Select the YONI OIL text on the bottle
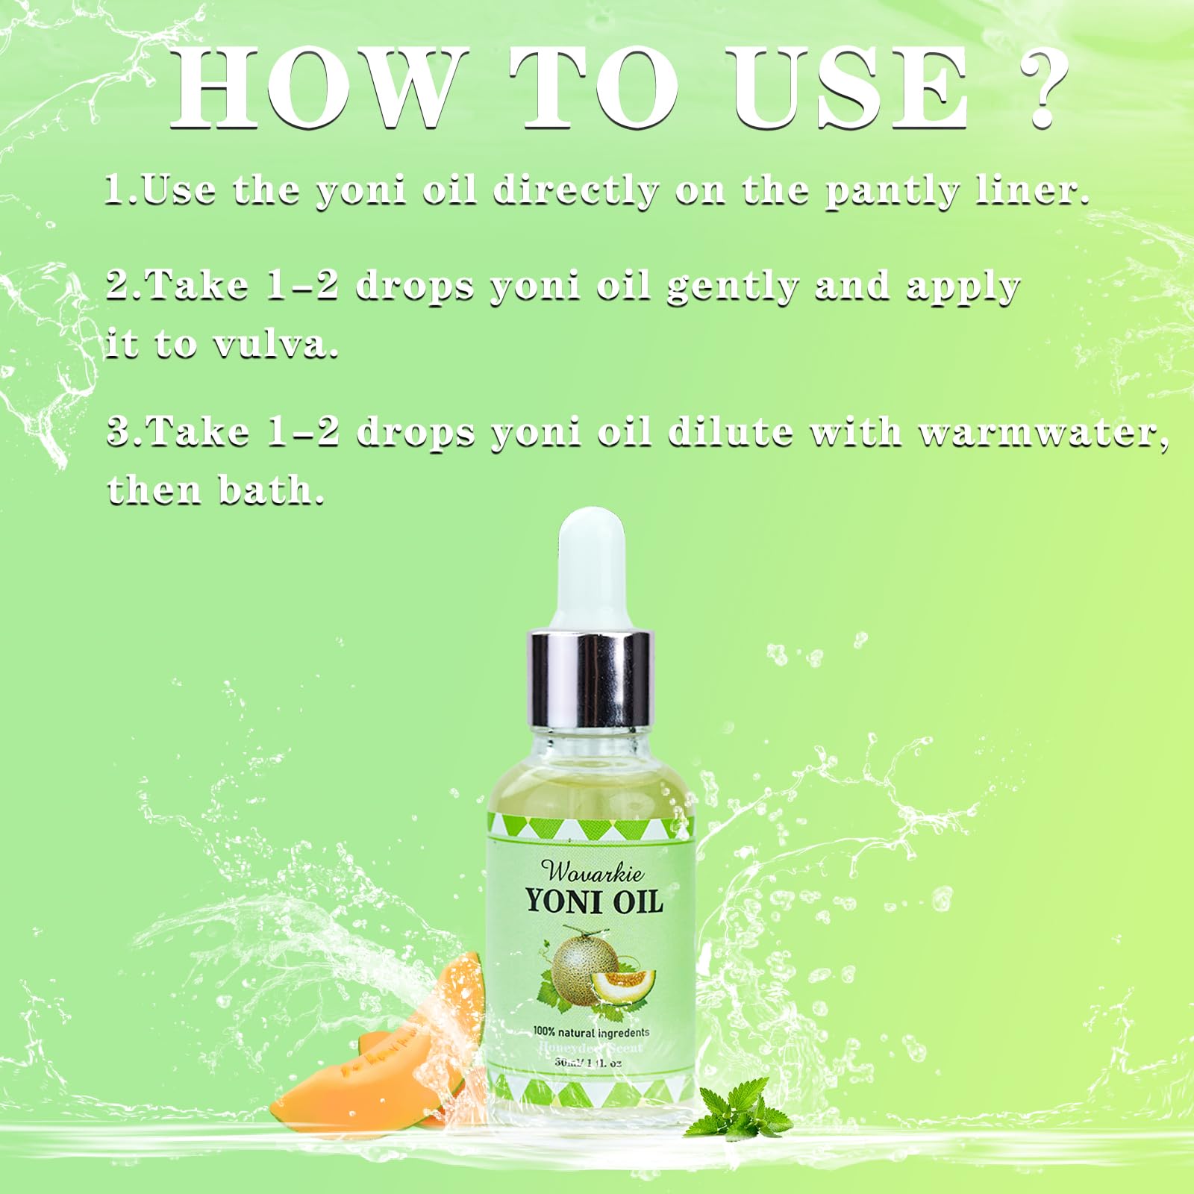[x=594, y=902]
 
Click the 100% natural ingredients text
[x=591, y=1033]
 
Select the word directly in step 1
[x=576, y=193]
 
